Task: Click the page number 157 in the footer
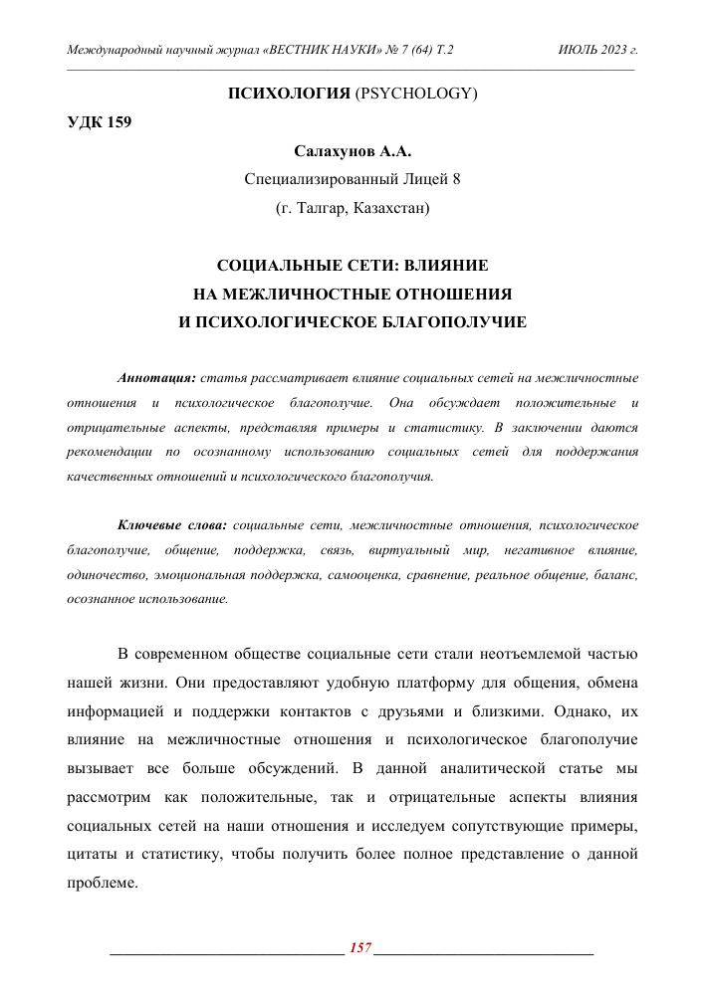pyautogui.click(x=359, y=947)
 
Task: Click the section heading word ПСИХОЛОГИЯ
pyautogui.click(x=289, y=95)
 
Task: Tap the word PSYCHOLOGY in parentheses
pyautogui.click(x=417, y=95)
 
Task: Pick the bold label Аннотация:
pyautogui.click(x=156, y=379)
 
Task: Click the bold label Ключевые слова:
pyautogui.click(x=172, y=524)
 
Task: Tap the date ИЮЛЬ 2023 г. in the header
pyautogui.click(x=598, y=49)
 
